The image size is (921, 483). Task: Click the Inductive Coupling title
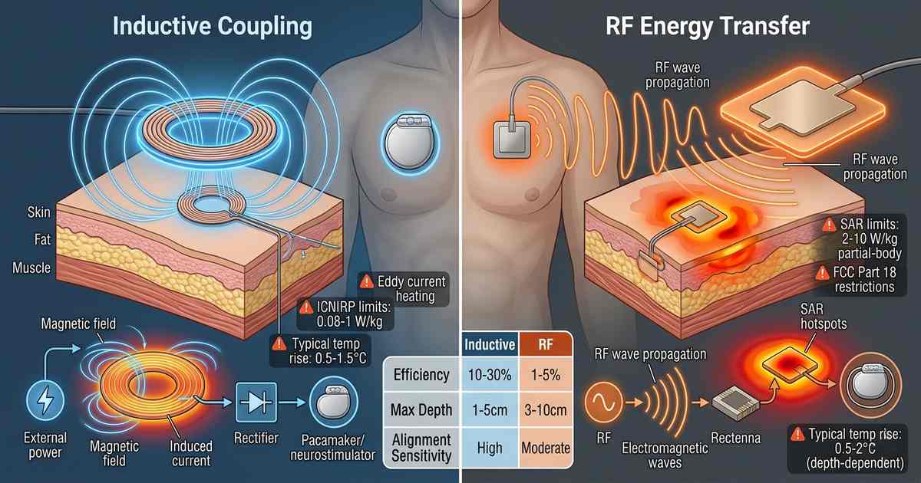tap(213, 27)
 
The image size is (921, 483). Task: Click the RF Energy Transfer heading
tap(708, 27)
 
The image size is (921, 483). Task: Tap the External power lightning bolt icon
tap(45, 399)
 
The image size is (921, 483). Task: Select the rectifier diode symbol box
tap(256, 402)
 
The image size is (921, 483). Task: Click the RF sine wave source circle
tap(603, 402)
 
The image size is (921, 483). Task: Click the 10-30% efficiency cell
tap(490, 375)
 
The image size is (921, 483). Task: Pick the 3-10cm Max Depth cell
tap(546, 409)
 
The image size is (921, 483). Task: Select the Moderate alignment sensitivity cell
tap(546, 448)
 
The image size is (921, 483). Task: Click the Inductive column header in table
tap(490, 344)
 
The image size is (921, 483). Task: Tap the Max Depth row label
tap(421, 409)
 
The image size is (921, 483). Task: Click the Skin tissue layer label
tap(38, 212)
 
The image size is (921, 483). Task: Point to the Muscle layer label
tap(31, 268)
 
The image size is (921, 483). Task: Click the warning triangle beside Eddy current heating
tap(366, 282)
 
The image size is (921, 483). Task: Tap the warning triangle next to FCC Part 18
tap(822, 273)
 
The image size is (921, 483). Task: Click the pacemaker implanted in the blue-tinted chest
tap(410, 141)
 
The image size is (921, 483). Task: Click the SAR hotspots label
tap(824, 316)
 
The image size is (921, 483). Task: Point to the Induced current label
tap(191, 453)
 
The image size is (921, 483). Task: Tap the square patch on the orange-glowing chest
tap(511, 140)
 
